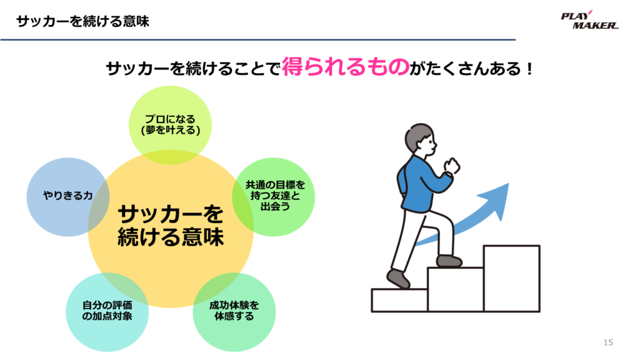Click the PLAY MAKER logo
590,20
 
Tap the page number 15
608,342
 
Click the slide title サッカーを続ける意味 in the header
83,21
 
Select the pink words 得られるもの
345,66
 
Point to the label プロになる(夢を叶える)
171,124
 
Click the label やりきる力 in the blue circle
67,196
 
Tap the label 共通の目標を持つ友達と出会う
275,196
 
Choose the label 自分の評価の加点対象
107,311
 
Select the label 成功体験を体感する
234,311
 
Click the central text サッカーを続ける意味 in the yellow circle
171,226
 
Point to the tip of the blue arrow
509,184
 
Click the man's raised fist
452,165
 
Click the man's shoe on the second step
449,261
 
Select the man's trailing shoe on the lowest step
398,279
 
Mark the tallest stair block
512,278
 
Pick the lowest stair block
399,301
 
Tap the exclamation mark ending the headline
530,68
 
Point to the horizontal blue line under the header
258,39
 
